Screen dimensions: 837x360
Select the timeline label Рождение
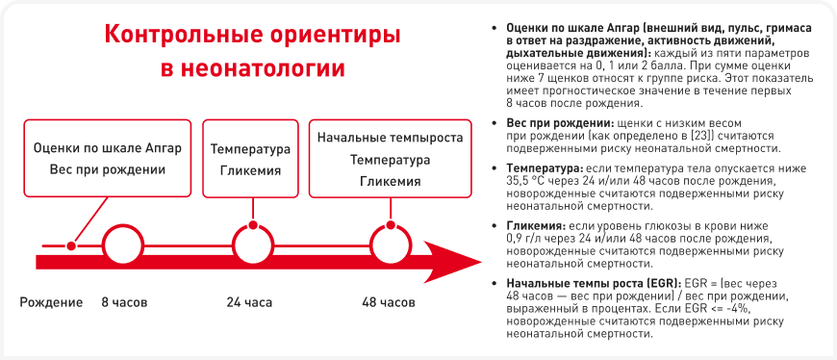tap(51, 303)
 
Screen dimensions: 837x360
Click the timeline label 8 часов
tap(124, 303)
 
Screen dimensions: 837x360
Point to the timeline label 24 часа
tap(249, 303)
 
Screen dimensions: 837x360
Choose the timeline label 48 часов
tap(388, 303)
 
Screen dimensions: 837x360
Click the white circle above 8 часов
tap(123, 246)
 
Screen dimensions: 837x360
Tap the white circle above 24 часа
tap(254, 246)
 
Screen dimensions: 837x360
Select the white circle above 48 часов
tap(392, 246)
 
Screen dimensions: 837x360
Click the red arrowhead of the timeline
tap(453, 262)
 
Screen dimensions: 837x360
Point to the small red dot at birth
tap(70, 245)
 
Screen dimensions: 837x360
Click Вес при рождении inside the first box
tap(108, 169)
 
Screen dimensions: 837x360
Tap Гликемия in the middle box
tap(251, 171)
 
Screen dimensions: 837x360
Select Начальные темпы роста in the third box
tap(391, 138)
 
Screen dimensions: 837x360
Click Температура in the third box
tap(391, 159)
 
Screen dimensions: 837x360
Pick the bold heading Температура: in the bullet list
tap(542, 168)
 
